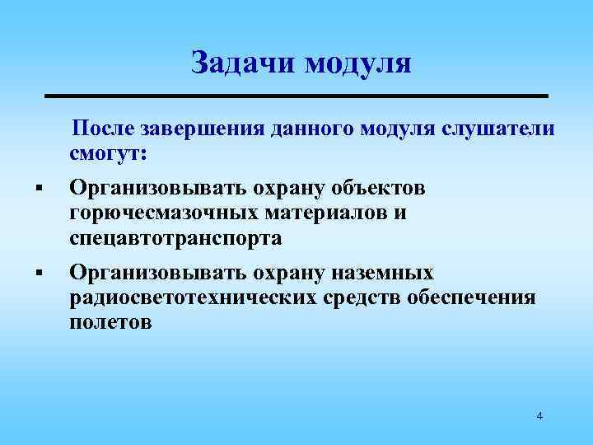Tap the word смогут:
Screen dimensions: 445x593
(109, 154)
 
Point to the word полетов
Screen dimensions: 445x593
(111, 323)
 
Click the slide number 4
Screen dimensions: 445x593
(539, 416)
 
